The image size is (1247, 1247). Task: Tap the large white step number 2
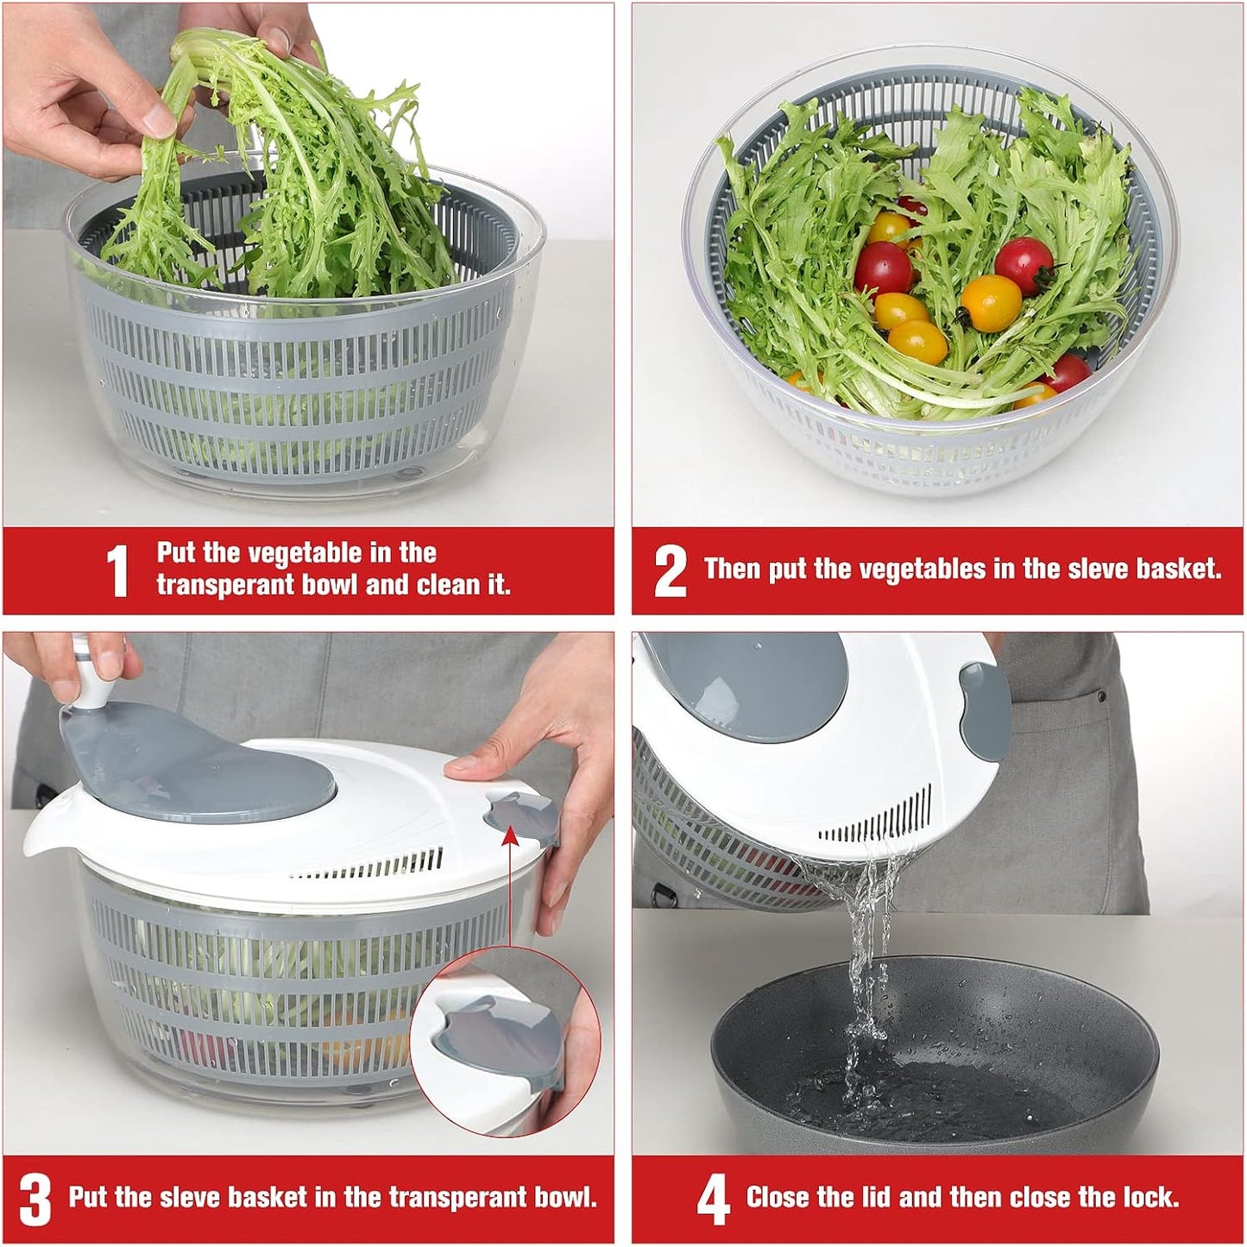(x=670, y=570)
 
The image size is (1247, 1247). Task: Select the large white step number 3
(x=35, y=1199)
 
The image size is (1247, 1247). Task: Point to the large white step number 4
(x=713, y=1199)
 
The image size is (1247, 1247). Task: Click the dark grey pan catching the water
(x=932, y=1061)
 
